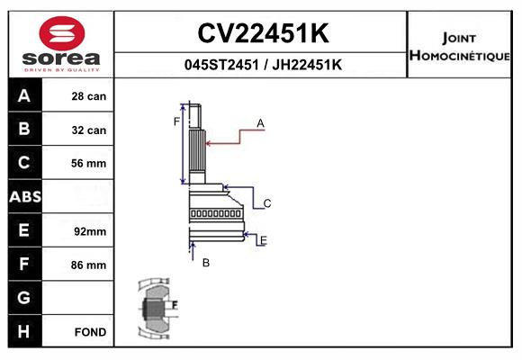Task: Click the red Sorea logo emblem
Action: [x=62, y=33]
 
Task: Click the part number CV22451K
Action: [x=263, y=33]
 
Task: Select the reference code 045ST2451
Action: [x=221, y=65]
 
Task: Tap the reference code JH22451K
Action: [x=307, y=65]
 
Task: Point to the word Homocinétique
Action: [x=459, y=56]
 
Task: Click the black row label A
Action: [x=24, y=95]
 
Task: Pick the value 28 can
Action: [x=89, y=96]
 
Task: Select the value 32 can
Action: [x=89, y=130]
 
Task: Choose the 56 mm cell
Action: [x=88, y=163]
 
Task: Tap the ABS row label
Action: [x=25, y=197]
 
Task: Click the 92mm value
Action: [x=90, y=231]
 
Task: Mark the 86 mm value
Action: [x=88, y=265]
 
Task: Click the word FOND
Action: [x=90, y=332]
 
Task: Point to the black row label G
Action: [x=24, y=298]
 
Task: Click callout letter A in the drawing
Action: [x=260, y=123]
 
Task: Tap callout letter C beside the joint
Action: [x=267, y=203]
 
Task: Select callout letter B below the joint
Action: [x=206, y=263]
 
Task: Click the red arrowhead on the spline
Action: [x=209, y=143]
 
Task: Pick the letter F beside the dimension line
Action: [x=176, y=121]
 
